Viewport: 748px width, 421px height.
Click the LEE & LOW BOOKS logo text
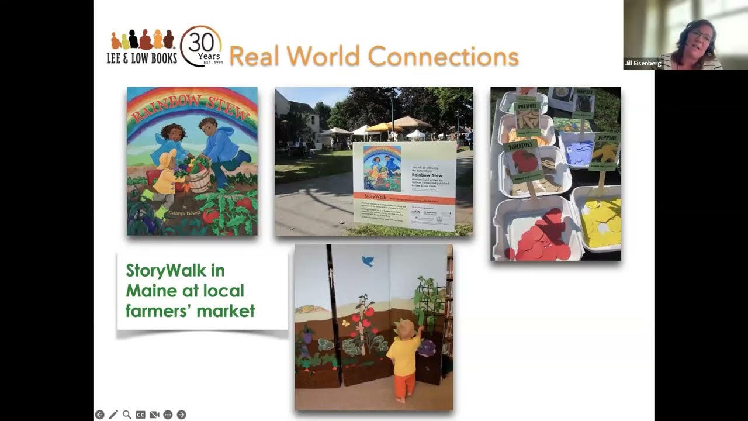(141, 58)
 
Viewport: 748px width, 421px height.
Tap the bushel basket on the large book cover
(199, 179)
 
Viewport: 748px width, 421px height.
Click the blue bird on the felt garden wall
(368, 261)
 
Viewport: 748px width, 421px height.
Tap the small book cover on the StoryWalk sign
(382, 168)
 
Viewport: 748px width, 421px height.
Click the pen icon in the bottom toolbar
(113, 415)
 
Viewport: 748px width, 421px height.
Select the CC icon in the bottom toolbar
(140, 415)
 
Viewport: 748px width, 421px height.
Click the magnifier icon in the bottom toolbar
(127, 415)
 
